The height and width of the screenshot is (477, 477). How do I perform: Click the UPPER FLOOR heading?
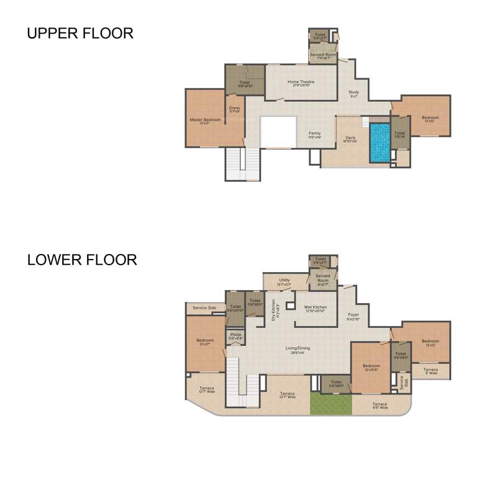80,34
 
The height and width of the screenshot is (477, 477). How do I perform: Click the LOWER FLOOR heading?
82,260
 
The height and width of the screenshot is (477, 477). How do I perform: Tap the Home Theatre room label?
301,83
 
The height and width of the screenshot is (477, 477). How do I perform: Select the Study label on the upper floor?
353,94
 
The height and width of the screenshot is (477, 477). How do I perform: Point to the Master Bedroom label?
205,121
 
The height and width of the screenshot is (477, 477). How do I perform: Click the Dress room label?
234,109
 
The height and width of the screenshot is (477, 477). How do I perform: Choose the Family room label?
315,135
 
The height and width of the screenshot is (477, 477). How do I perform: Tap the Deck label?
350,139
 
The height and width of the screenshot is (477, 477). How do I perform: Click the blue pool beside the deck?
380,142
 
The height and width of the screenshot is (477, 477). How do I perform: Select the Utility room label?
284,282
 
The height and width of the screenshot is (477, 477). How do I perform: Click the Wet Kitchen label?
316,309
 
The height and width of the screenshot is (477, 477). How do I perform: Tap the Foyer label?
353,316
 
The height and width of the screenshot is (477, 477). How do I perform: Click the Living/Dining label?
298,350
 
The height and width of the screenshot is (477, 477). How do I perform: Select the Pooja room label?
235,336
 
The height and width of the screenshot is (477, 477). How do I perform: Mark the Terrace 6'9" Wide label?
379,406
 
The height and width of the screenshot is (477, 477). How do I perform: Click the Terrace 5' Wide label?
430,371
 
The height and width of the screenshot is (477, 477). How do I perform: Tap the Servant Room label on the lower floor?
322,278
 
